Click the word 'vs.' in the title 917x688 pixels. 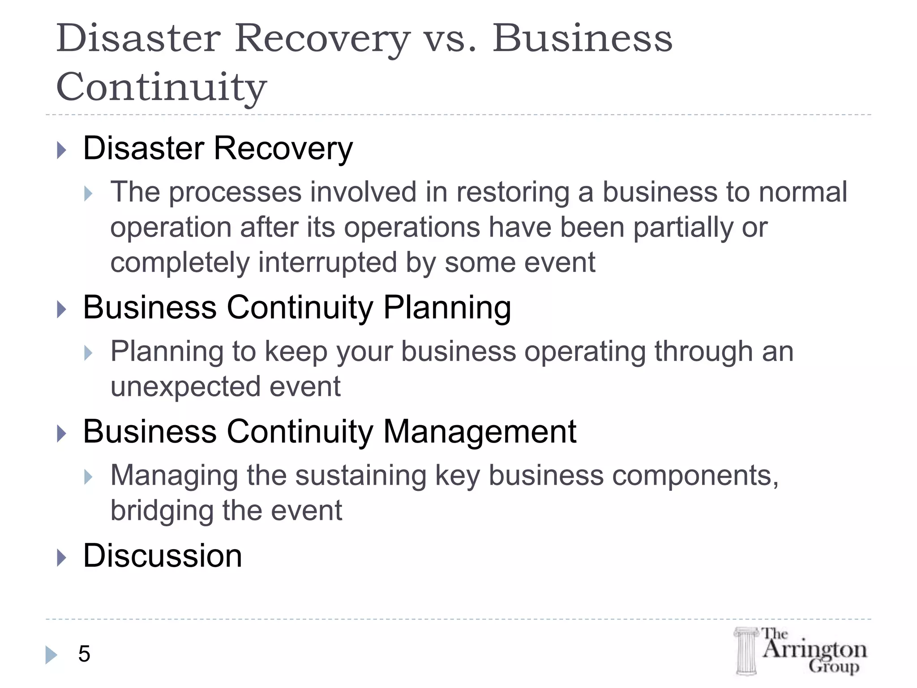coord(450,39)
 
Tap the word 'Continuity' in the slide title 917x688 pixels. coord(161,87)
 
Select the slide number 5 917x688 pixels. coord(84,654)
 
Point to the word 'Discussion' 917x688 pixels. coord(163,556)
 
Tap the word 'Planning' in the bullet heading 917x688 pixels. coord(447,308)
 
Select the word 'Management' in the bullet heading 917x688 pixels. coord(480,432)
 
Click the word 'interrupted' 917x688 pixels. coord(327,262)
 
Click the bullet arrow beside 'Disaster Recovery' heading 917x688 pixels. coord(62,150)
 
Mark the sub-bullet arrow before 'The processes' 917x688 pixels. coord(88,194)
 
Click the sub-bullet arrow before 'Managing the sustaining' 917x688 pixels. coord(88,477)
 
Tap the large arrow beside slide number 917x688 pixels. coord(51,654)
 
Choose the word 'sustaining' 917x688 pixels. coord(360,475)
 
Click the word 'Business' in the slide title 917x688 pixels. coord(582,39)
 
